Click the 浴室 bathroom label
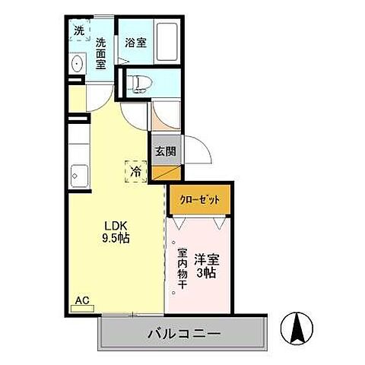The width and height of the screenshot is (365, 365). click(136, 43)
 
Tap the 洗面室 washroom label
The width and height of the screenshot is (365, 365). click(100, 54)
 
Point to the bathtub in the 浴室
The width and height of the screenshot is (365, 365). click(168, 44)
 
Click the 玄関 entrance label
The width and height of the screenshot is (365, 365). click(165, 151)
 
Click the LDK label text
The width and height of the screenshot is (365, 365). click(116, 225)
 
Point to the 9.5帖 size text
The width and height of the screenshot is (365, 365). click(116, 237)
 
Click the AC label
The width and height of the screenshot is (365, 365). click(80, 300)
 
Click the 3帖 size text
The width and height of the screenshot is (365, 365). click(206, 272)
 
